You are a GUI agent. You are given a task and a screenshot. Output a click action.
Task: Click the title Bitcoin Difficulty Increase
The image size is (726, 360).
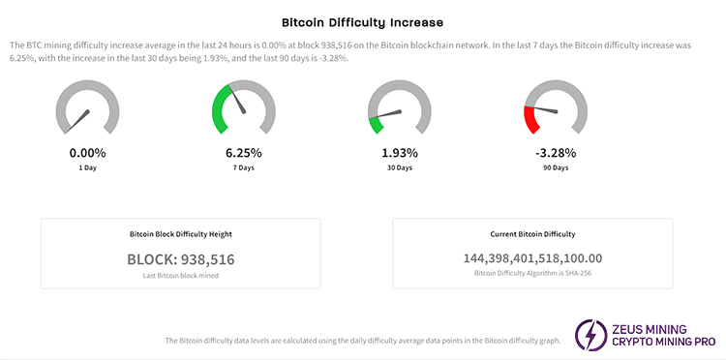[362, 20]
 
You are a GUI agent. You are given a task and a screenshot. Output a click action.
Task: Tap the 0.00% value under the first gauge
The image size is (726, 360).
[88, 153]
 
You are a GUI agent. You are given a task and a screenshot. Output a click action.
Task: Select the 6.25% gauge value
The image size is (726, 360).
[243, 153]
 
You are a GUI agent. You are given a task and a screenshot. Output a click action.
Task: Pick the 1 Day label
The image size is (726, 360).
[88, 168]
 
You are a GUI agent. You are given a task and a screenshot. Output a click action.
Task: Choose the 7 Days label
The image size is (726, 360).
[243, 168]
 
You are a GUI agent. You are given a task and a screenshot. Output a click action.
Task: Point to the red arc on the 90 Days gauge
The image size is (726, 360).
[529, 121]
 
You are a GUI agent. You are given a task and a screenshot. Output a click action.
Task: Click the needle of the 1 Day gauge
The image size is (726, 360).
[81, 119]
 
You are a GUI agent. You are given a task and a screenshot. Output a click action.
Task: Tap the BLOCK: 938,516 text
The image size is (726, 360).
[180, 259]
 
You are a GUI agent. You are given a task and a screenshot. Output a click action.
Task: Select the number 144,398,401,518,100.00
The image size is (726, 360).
[532, 258]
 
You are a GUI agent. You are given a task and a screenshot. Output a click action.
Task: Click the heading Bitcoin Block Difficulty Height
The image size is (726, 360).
[180, 234]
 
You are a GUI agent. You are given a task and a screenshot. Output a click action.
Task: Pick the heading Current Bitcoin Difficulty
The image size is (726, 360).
[532, 234]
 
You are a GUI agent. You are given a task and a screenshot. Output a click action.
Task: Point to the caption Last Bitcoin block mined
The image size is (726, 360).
[180, 276]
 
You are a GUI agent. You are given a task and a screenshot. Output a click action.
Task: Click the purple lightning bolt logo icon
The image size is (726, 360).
[590, 334]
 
